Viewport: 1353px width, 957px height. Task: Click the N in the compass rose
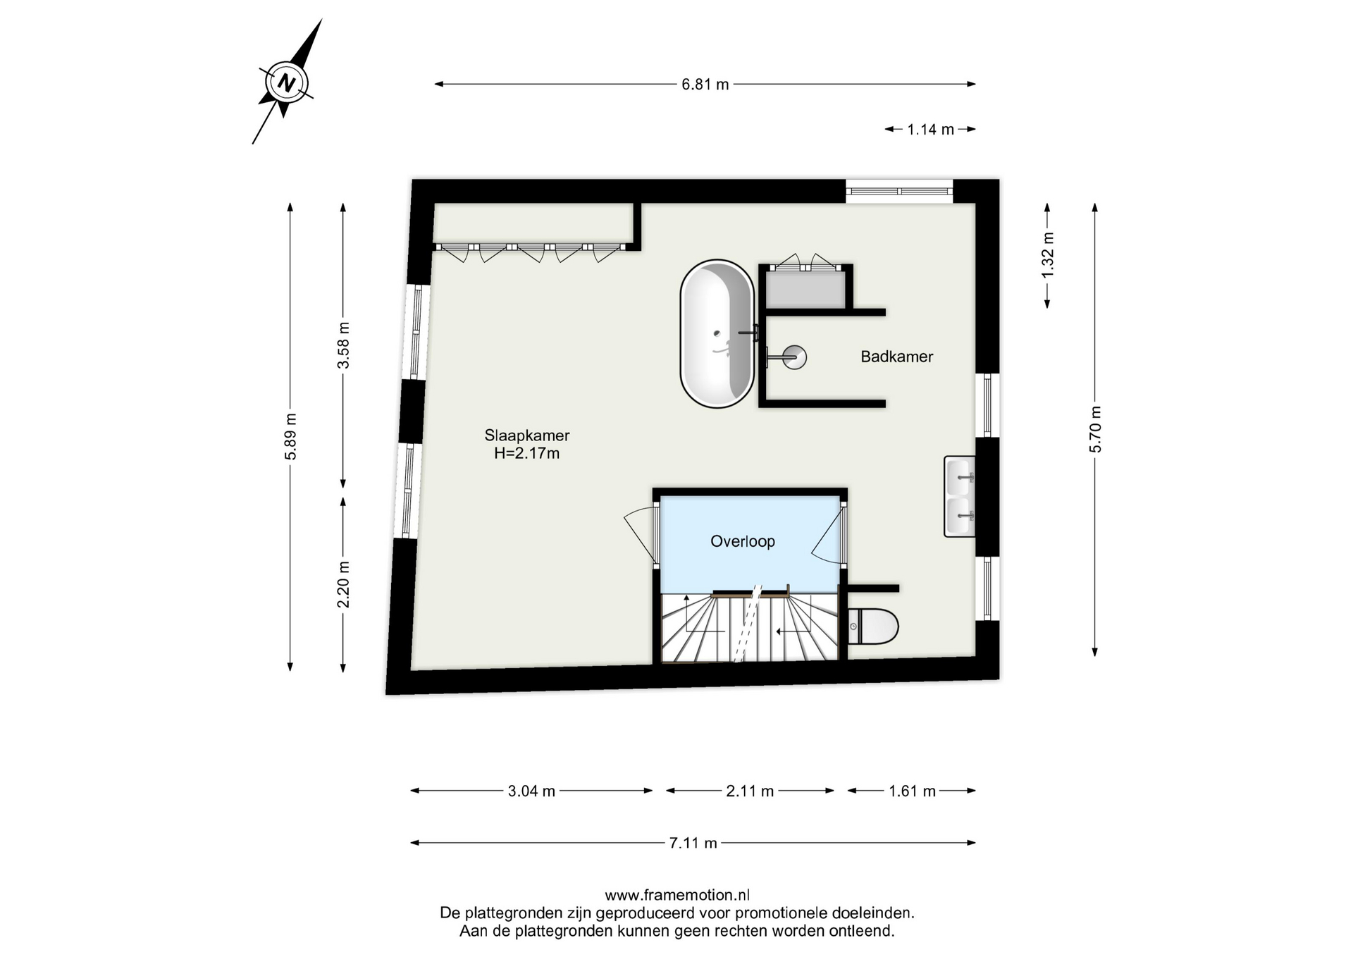286,82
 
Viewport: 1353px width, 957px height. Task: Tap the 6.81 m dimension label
705,85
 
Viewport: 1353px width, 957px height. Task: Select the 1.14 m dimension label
930,130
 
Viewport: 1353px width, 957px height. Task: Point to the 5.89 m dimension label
290,437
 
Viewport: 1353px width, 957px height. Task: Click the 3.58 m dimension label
343,345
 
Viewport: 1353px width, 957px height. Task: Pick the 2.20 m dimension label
343,584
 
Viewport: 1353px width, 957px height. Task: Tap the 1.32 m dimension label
1048,254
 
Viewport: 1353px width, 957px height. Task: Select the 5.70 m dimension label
1095,430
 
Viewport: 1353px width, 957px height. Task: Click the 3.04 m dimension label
531,791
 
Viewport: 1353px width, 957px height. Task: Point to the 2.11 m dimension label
750,791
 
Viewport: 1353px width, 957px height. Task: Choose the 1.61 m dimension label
912,791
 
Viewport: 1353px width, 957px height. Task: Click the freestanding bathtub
717,333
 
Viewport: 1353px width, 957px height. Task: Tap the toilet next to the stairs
873,626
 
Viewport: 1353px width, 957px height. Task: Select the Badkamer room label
896,357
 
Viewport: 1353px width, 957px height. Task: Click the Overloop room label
743,541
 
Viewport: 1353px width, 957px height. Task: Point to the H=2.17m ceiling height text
527,453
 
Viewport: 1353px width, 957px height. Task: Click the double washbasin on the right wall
960,497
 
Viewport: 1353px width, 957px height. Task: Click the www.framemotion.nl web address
677,895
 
